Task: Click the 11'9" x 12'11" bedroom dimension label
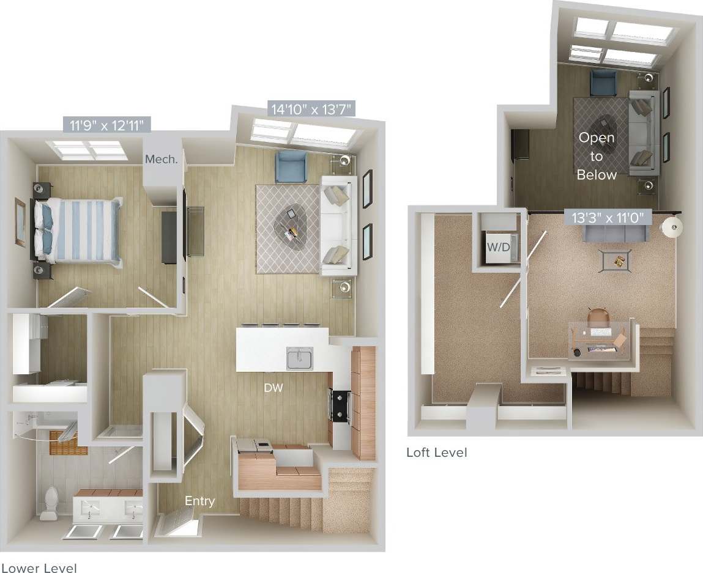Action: click(107, 126)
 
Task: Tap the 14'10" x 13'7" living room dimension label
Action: click(311, 110)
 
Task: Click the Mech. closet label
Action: click(162, 160)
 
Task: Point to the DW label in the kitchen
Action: click(273, 387)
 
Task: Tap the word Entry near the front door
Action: click(199, 501)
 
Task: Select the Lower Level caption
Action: click(39, 568)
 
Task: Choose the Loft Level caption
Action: click(436, 453)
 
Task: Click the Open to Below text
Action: click(597, 156)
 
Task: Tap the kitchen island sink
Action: click(300, 357)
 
